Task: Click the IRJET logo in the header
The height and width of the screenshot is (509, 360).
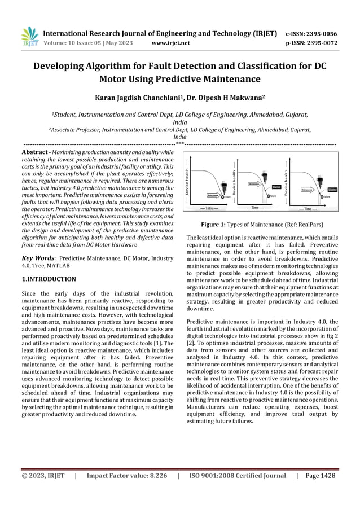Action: click(x=29, y=37)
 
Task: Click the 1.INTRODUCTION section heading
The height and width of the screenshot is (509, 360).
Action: click(x=49, y=279)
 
